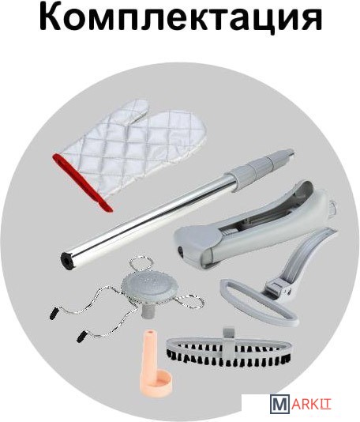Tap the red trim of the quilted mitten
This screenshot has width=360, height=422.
pos(83,183)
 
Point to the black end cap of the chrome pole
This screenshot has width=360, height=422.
pos(67,259)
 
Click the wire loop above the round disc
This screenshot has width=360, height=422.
pos(141,266)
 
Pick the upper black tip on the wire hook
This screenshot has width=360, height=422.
pos(54,314)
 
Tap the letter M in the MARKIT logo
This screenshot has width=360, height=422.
pos(279,412)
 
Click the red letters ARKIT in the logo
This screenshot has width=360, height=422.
pos(310,412)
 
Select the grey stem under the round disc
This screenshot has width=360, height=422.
pos(147,310)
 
